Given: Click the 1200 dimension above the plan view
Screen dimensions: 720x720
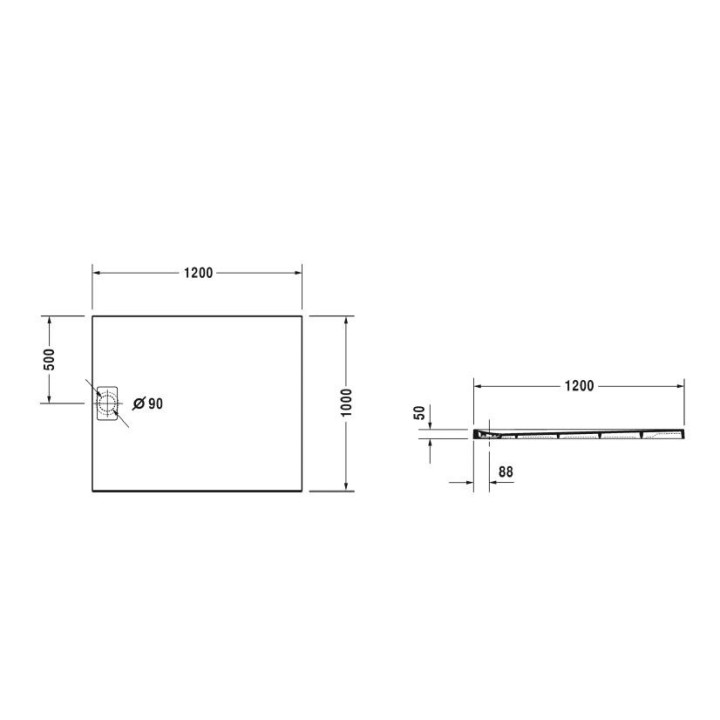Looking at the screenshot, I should [x=198, y=273].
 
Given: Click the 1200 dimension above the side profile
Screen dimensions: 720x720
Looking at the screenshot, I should [x=579, y=385].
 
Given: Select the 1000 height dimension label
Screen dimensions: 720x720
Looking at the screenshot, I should [x=346, y=403].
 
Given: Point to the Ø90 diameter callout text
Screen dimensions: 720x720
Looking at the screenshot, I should [x=148, y=404].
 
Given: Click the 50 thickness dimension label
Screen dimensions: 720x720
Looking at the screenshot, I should [x=421, y=411].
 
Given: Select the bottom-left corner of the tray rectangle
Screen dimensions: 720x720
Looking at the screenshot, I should [x=93, y=491].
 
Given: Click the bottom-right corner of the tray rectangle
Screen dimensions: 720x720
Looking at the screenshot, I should [x=303, y=491].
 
